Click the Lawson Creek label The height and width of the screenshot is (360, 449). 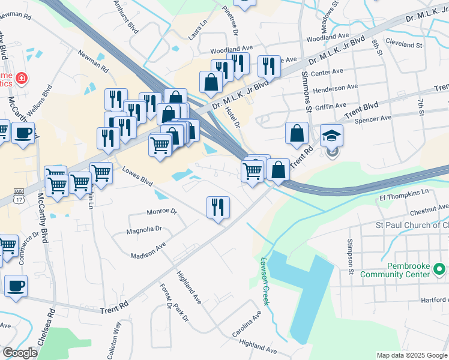(265, 282)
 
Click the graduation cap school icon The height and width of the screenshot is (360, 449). (331, 136)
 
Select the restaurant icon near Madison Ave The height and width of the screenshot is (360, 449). (217, 207)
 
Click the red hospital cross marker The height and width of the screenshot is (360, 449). (22, 78)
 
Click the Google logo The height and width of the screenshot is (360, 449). (20, 353)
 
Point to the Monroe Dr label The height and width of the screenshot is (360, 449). (162, 212)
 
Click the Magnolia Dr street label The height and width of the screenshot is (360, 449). (144, 229)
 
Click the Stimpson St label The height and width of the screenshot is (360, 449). (349, 256)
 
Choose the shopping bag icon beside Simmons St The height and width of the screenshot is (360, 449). (297, 134)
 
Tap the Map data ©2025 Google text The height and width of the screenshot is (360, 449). (412, 355)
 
